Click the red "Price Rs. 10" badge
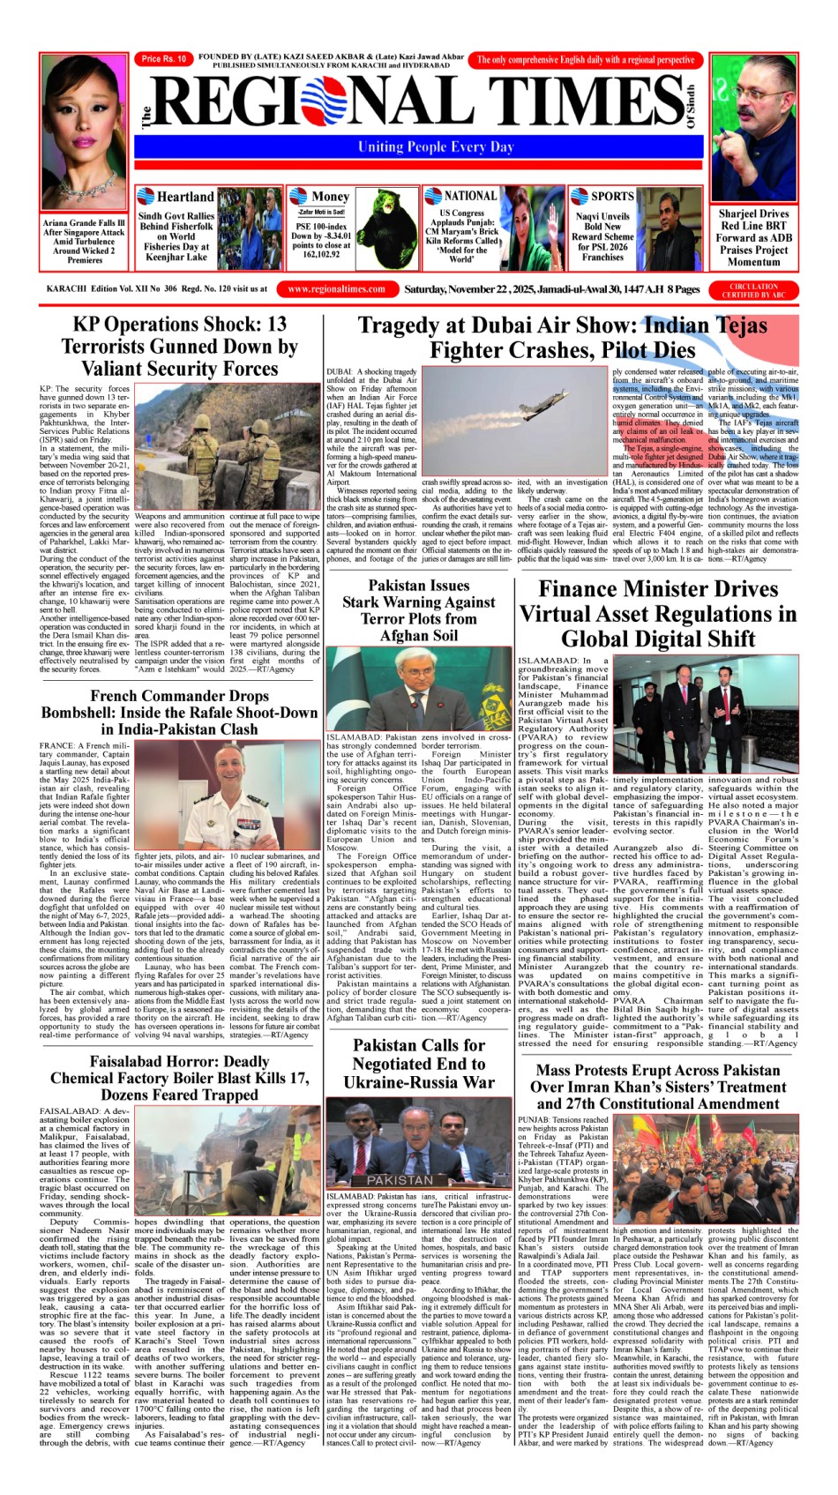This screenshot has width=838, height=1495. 163,59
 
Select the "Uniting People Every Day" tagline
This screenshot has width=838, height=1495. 435,147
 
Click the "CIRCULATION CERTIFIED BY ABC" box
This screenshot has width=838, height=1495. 753,289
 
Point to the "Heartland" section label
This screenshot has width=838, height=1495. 184,197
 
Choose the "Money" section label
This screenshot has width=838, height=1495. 330,197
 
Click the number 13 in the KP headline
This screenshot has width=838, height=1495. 276,324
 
